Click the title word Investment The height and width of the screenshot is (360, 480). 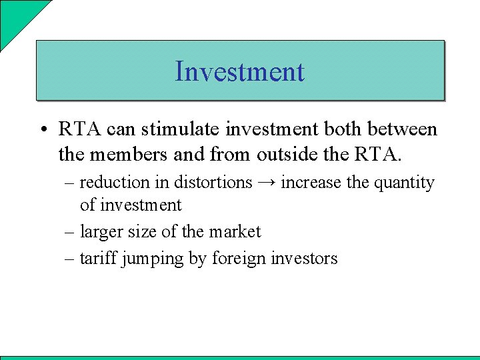[x=239, y=71]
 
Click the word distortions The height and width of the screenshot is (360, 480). [x=213, y=182]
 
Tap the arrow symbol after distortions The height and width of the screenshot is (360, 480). [x=267, y=183]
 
